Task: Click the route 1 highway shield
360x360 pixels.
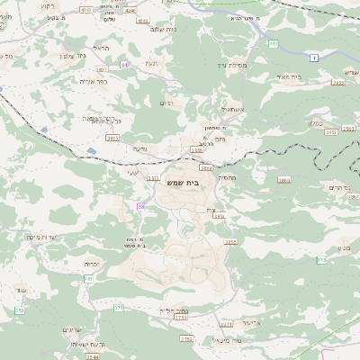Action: point(314,58)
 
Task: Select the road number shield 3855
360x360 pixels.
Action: point(230,242)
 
